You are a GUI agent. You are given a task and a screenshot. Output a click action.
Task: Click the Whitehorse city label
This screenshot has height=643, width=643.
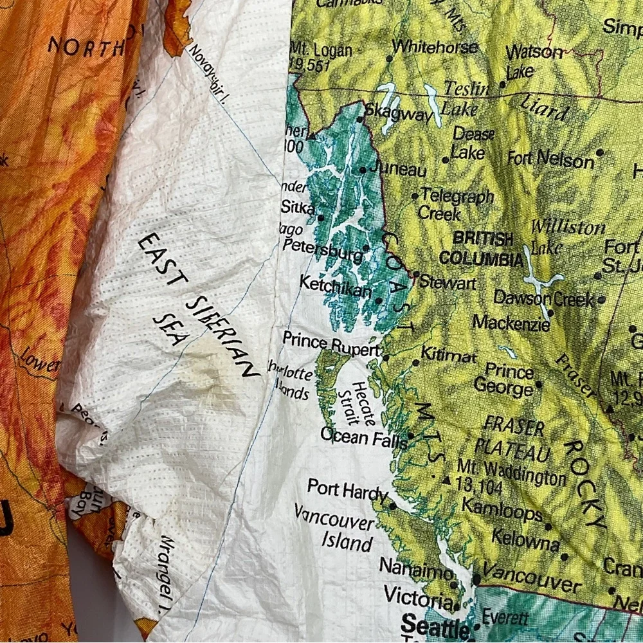point(435,47)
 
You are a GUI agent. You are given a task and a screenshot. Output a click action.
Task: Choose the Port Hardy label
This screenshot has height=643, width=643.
point(347,490)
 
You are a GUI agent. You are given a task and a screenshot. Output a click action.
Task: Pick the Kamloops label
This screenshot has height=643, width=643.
point(502,513)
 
